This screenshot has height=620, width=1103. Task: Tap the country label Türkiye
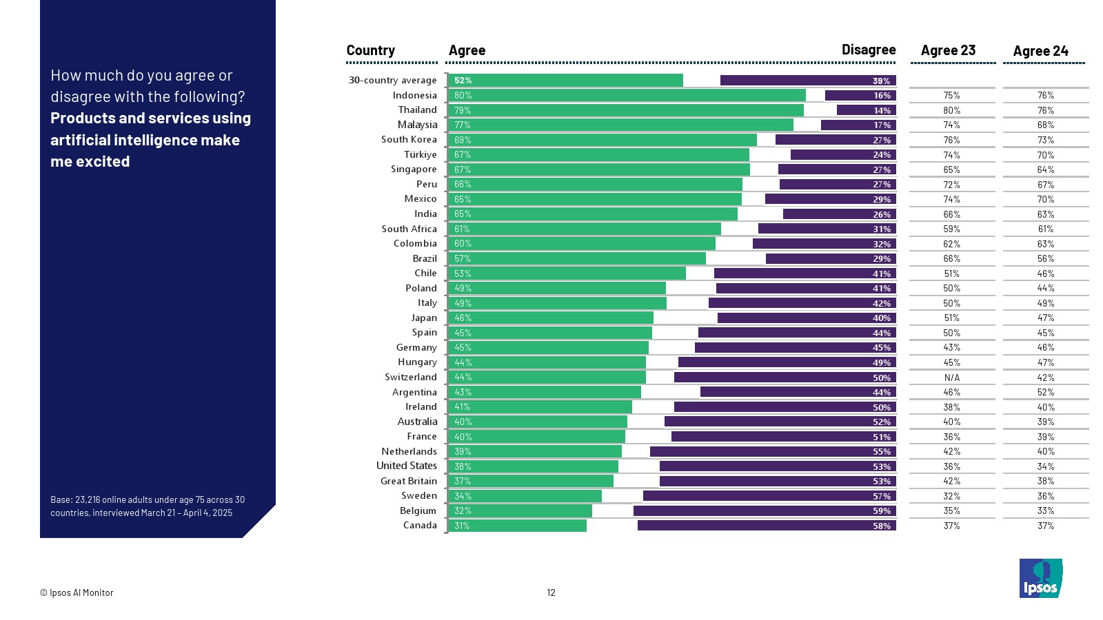[x=420, y=154]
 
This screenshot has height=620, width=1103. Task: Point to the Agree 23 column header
[x=948, y=50]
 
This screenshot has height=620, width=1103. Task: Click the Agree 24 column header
[x=1040, y=51]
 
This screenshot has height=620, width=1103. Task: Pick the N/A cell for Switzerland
[x=951, y=378]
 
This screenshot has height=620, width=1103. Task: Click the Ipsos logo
[x=1040, y=578]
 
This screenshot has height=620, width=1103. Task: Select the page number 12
[x=551, y=592]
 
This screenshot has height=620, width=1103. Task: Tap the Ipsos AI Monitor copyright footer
[x=77, y=592]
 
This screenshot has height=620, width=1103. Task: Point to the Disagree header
[x=868, y=50]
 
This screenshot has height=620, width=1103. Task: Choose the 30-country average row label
[x=392, y=80]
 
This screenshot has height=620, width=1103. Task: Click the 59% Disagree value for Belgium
[x=882, y=511]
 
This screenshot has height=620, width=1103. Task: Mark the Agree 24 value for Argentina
[x=1045, y=392]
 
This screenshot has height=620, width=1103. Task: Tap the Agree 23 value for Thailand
[x=951, y=110]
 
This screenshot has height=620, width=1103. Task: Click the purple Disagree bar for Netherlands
[x=773, y=451]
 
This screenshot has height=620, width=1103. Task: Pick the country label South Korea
[x=409, y=139]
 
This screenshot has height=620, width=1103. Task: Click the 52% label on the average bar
[x=463, y=81]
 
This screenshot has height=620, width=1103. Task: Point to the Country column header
[x=370, y=50]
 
